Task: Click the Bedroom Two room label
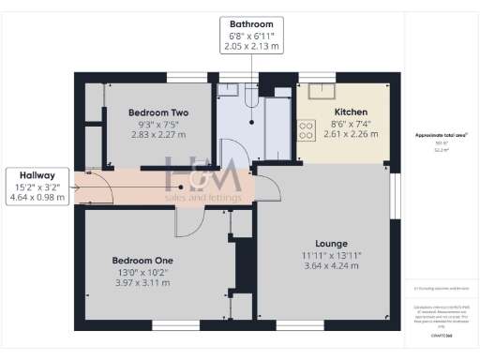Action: coord(158,112)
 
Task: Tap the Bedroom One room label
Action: coord(142,260)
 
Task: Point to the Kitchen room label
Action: coord(350,112)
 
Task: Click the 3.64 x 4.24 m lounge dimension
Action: coord(331,265)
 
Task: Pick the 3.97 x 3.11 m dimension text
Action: coord(142,282)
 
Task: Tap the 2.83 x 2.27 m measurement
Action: coord(158,134)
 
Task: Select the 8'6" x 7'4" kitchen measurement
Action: coord(350,123)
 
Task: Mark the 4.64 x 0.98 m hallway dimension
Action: coord(37,197)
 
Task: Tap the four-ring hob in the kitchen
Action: coord(306,130)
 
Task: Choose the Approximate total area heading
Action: coord(441,135)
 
